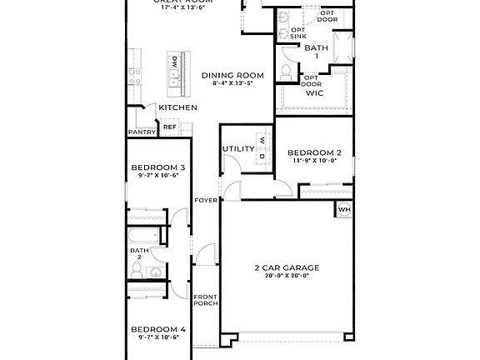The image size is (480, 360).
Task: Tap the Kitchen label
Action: point(177,107)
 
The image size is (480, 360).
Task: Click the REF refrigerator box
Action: point(169,127)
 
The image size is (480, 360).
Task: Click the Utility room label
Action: point(237,148)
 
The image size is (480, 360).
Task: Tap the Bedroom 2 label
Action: point(314,152)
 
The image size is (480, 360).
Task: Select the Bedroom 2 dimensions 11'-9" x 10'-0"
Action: point(314,161)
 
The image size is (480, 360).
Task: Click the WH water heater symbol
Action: point(343,210)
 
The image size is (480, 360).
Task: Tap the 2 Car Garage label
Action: point(287,267)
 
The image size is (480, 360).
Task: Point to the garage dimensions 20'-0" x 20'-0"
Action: point(287,276)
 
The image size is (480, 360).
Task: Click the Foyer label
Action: point(206,201)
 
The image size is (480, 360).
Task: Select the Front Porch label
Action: point(206,300)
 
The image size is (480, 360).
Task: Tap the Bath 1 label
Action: point(316,52)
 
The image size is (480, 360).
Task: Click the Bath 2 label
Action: point(138,253)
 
